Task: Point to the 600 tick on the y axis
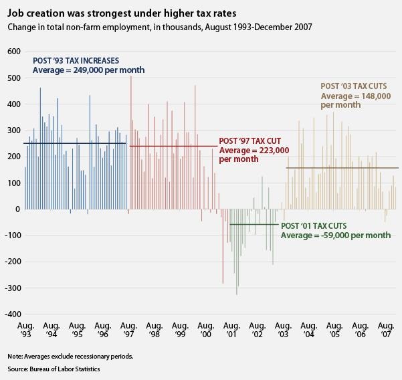coord(13,52)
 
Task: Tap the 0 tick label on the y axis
coord(19,209)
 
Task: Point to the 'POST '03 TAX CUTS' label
coord(355,86)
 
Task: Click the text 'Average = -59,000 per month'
coord(336,235)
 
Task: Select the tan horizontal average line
coord(341,168)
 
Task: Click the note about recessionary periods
coord(70,356)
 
